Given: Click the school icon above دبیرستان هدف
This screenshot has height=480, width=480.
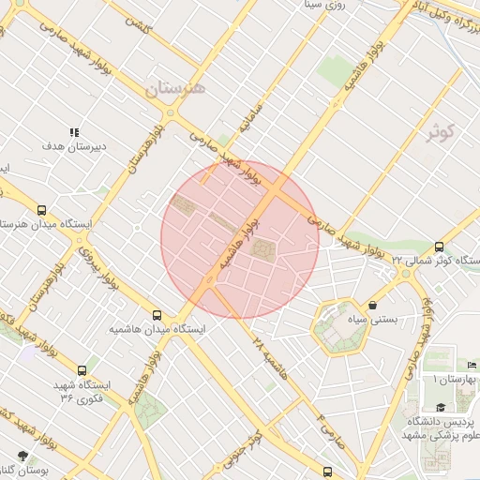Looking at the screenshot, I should point(76,131).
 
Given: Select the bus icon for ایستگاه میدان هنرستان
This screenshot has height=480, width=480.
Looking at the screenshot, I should point(42,211).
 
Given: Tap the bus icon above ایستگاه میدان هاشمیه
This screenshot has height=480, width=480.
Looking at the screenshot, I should point(157,315).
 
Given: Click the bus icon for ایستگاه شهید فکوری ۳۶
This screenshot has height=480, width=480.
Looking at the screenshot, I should point(82,370).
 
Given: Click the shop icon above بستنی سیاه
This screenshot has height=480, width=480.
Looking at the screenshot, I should point(373,305).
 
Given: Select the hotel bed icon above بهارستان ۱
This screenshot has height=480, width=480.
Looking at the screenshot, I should point(472,364).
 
